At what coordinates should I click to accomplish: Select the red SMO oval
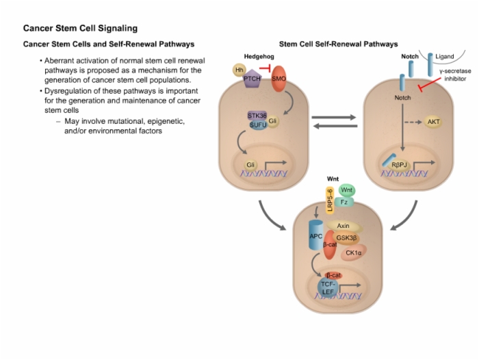tap(279, 79)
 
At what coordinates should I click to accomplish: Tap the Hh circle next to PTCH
tap(239, 70)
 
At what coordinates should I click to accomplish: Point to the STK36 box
tap(257, 116)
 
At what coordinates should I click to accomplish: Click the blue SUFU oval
tap(258, 125)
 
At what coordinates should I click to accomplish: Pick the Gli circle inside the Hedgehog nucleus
tap(250, 165)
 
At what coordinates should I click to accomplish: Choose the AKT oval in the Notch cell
tap(433, 122)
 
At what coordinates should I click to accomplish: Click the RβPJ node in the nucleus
tap(399, 166)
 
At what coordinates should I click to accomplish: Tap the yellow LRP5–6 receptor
tap(330, 201)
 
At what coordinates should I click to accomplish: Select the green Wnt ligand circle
tap(347, 190)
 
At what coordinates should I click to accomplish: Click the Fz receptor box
tap(344, 202)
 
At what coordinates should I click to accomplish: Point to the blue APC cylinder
tap(316, 235)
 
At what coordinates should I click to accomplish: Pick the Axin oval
tap(344, 226)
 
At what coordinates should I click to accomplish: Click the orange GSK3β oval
tap(346, 237)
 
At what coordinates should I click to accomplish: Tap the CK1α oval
tap(353, 253)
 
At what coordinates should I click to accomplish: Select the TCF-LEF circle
tap(328, 288)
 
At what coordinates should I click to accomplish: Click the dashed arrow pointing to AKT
tap(413, 123)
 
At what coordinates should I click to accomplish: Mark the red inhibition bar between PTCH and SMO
tap(266, 68)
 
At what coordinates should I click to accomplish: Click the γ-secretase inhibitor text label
tap(455, 75)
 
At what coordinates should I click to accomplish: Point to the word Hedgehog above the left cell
tap(259, 57)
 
